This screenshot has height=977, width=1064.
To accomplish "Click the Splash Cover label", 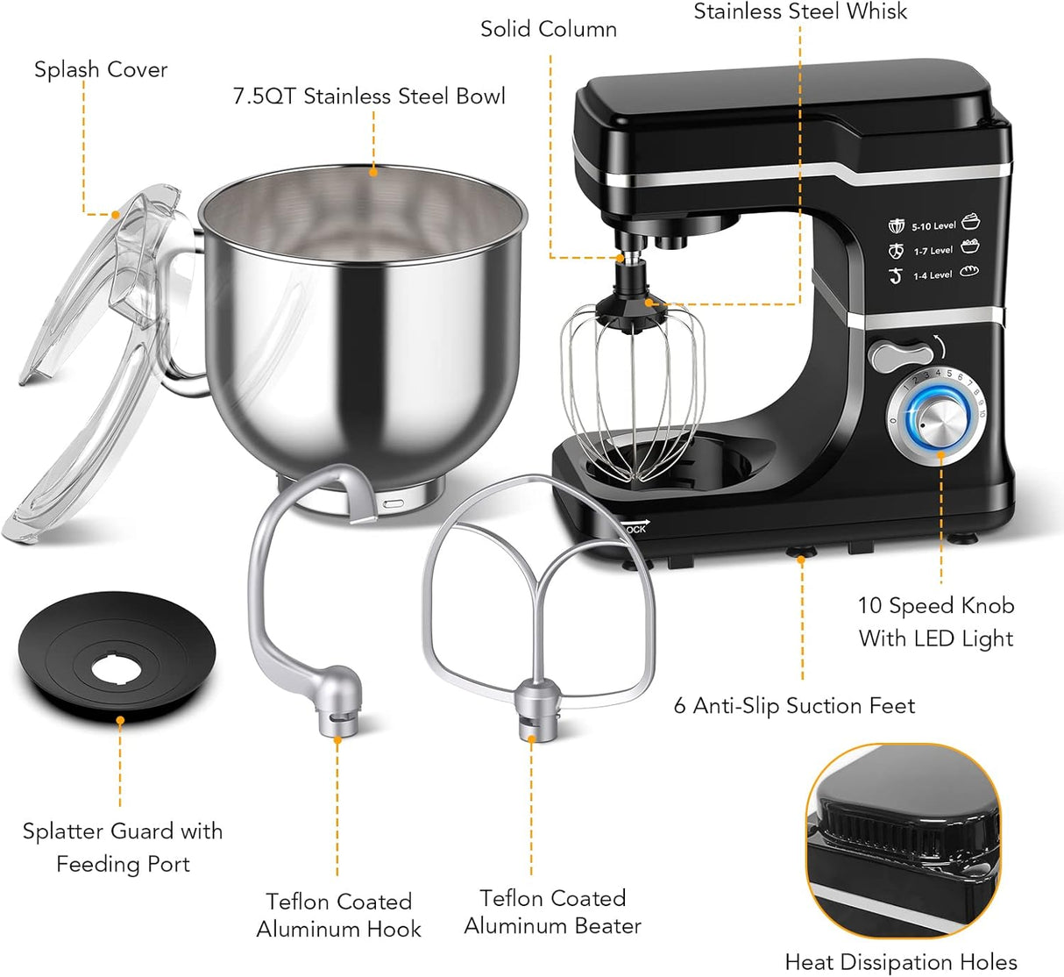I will click(x=101, y=69).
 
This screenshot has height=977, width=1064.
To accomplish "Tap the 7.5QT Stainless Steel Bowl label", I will click(x=369, y=96).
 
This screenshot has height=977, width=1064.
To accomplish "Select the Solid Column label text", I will click(x=549, y=29).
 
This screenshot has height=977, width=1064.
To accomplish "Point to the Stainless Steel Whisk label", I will click(x=800, y=11).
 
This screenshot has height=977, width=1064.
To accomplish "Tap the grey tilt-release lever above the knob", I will click(x=901, y=355).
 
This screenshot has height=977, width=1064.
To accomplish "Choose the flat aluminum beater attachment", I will click(x=538, y=596).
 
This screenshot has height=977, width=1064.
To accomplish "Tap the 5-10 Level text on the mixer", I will click(x=933, y=226).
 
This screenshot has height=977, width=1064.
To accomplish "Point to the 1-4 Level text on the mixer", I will click(x=933, y=275).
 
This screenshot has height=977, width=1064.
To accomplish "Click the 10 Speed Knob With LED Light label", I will click(x=936, y=622).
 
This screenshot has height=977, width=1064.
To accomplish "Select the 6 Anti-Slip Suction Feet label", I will click(x=794, y=706).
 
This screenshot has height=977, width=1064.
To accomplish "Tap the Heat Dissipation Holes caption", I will click(x=901, y=962).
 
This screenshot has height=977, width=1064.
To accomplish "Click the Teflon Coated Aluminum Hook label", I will click(x=339, y=915).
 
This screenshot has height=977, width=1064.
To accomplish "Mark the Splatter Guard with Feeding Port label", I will click(x=123, y=847).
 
